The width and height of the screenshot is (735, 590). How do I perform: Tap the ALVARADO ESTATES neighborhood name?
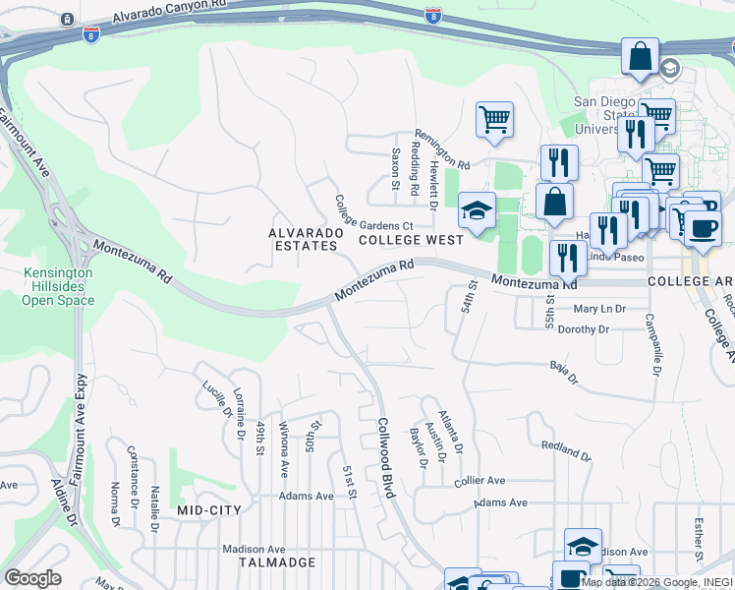click(x=306, y=239)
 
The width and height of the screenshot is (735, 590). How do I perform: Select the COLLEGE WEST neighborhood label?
click(x=410, y=239)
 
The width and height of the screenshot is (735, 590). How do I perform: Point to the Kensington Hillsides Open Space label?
click(x=58, y=286)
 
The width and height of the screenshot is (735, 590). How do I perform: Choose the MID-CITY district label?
click(x=208, y=510)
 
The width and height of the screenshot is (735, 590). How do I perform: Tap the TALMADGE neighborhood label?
click(x=277, y=562)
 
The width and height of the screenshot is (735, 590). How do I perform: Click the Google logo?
click(x=32, y=578)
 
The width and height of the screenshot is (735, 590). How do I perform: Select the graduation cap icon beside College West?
click(x=478, y=210)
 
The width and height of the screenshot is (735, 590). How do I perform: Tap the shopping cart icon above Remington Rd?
click(x=494, y=120)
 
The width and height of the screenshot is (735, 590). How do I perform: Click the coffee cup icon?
click(x=703, y=228)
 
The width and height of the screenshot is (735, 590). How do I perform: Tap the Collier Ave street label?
click(x=480, y=481)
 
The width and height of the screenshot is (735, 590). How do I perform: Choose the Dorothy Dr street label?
click(x=584, y=329)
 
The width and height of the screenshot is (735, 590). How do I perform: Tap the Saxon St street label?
click(x=396, y=169)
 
